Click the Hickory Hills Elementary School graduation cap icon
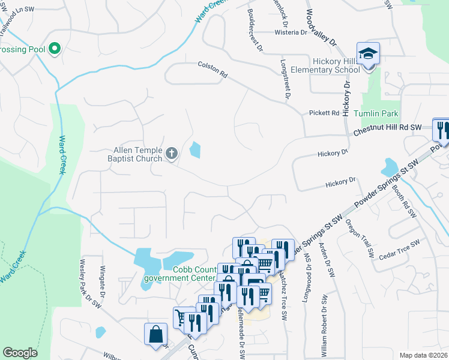tap(367, 53)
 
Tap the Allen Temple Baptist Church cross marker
tap(172, 154)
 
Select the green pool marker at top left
tap(55, 48)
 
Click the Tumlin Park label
tap(384, 113)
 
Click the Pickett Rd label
tap(324, 113)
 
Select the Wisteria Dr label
tap(291, 32)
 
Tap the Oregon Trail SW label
tap(360, 238)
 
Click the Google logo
tap(20, 353)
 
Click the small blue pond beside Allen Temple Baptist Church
tap(195, 149)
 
